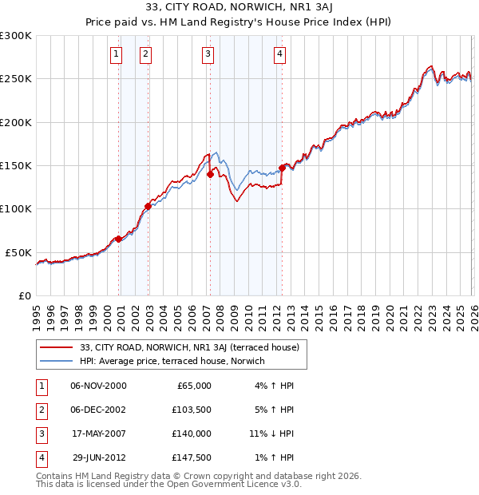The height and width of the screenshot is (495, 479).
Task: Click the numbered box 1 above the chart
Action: (x=117, y=54)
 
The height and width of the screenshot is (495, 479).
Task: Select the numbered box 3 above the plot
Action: (x=208, y=54)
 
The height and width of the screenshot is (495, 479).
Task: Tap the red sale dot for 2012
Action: (x=282, y=168)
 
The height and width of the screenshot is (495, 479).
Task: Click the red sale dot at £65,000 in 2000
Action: (x=118, y=239)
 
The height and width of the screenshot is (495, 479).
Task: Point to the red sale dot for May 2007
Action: (x=210, y=174)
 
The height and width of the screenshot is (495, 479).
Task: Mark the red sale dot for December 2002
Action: (x=148, y=206)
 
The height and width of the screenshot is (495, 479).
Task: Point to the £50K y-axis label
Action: (x=18, y=252)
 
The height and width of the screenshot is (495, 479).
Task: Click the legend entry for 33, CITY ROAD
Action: (x=189, y=347)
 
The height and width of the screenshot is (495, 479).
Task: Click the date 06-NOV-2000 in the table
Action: (x=98, y=386)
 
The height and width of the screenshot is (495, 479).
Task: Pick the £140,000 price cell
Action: (x=192, y=434)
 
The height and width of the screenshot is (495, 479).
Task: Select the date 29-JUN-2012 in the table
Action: (x=98, y=457)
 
